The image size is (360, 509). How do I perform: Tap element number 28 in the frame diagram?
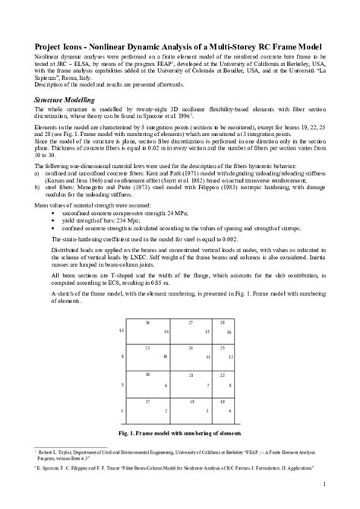(222, 323)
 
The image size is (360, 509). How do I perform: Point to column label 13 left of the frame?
(122, 331)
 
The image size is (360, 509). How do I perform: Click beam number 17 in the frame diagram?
(147, 400)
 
